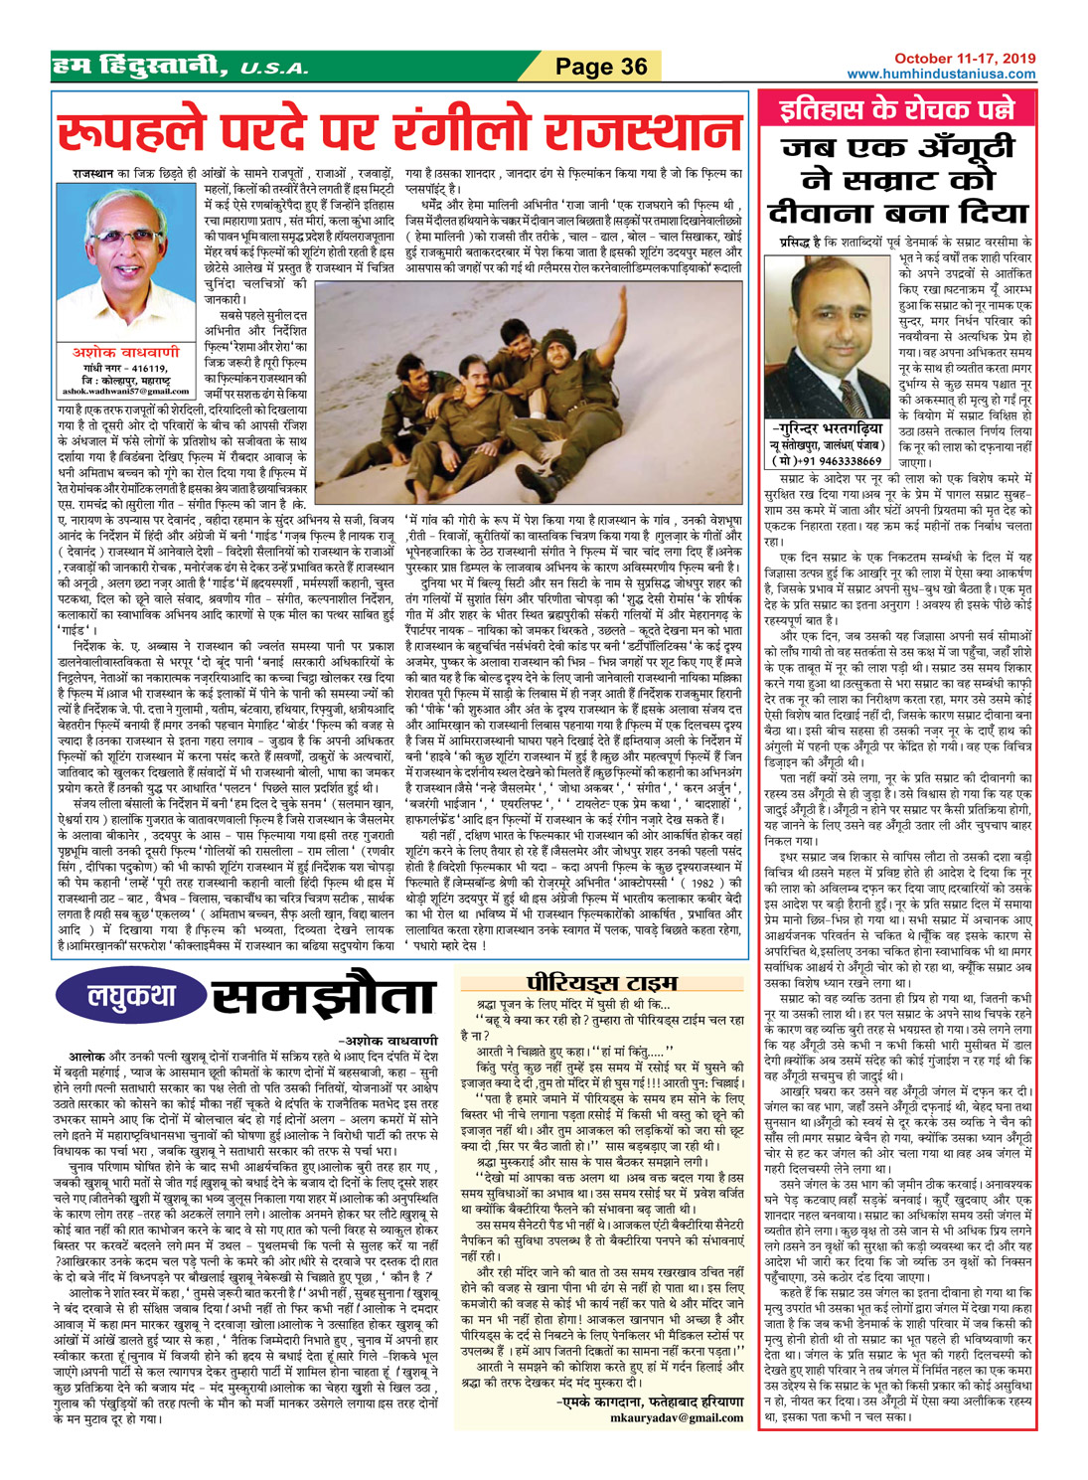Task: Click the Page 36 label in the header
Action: [x=601, y=67]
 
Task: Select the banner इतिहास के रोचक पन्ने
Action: [x=897, y=109]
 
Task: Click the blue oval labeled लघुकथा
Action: [x=129, y=996]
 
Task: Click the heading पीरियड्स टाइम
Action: [x=587, y=982]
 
